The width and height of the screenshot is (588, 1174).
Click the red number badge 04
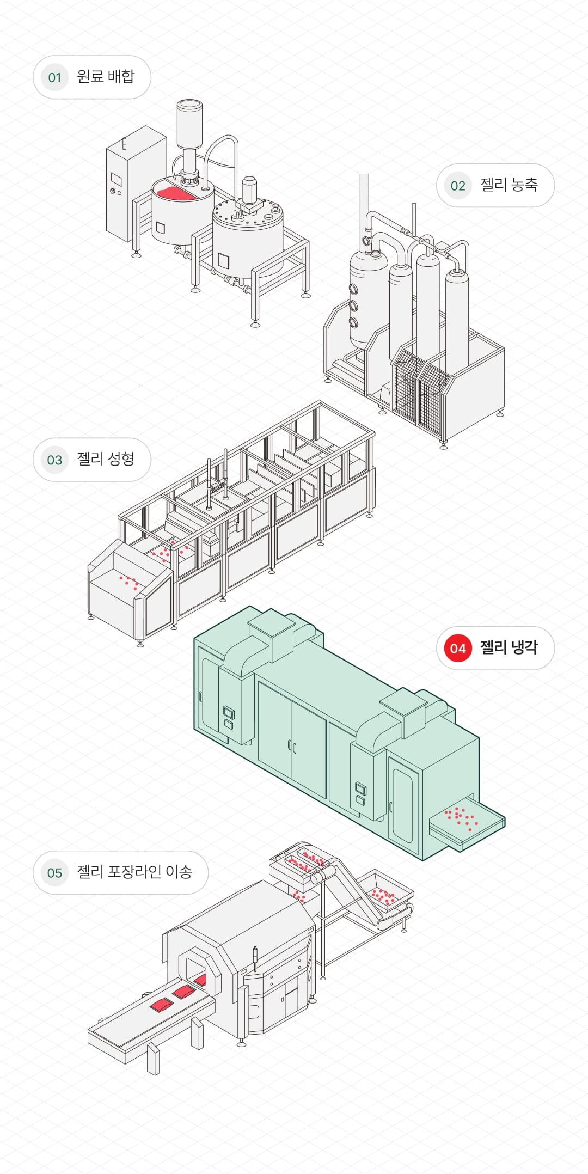pos(457,648)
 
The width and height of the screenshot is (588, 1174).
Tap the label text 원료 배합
pos(106,76)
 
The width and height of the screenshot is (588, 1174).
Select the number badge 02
pos(457,186)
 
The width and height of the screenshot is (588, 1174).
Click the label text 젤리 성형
pos(106,459)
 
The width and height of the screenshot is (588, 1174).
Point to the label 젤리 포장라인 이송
pos(134,872)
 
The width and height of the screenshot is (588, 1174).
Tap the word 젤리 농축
pos(509,185)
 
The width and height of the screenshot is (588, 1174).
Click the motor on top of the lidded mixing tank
pos(249,191)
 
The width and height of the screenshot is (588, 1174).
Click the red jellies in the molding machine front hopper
pos(129,582)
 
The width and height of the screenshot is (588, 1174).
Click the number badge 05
pos(54,873)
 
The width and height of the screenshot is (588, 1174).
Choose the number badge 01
pos(54,77)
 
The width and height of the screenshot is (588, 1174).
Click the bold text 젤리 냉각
pos(509,647)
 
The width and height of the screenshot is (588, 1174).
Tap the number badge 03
pos(54,460)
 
